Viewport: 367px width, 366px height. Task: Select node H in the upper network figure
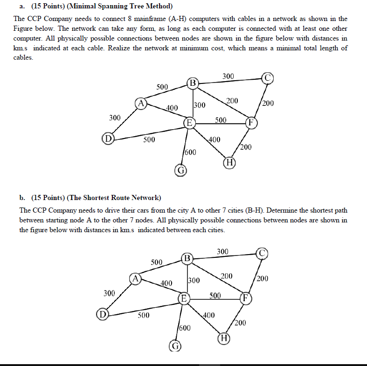coord(229,162)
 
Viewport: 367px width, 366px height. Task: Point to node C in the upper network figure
coord(267,77)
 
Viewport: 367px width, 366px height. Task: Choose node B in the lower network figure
coord(187,258)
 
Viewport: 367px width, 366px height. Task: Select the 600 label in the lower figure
coord(185,328)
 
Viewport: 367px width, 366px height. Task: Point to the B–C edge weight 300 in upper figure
coord(228,76)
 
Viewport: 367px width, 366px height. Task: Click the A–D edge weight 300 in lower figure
coord(109,293)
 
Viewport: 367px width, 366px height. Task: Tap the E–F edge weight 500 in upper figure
coord(221,120)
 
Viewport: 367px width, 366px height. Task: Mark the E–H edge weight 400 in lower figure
coord(208,315)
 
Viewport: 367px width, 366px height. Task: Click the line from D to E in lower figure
coord(140,308)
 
